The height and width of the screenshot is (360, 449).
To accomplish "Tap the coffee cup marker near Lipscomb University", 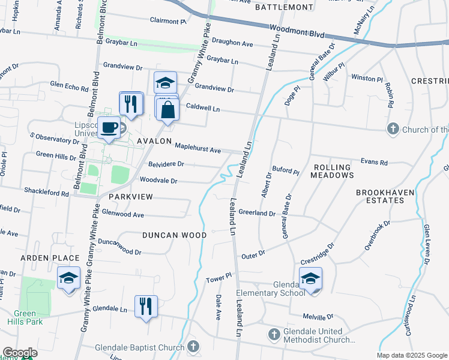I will [x=109, y=128].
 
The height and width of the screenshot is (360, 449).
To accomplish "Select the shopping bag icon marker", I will [x=168, y=110].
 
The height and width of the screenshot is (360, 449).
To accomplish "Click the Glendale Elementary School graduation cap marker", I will [x=311, y=279].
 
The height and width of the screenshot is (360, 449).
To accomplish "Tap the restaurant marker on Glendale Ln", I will [x=146, y=307].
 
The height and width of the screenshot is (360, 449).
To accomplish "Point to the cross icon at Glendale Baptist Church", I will [x=193, y=346].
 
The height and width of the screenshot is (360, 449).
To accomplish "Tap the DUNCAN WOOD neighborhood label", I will [x=174, y=235].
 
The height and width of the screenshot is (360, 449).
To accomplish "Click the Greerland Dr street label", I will [x=256, y=212].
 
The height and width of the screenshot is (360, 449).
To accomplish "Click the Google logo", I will [x=19, y=353].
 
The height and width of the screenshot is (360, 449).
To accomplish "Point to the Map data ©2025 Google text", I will [x=412, y=355].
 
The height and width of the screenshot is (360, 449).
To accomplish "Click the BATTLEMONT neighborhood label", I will [x=284, y=7].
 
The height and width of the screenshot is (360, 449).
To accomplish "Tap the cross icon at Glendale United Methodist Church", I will [x=273, y=334].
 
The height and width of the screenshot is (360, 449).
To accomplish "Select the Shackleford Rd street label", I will [x=46, y=192].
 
